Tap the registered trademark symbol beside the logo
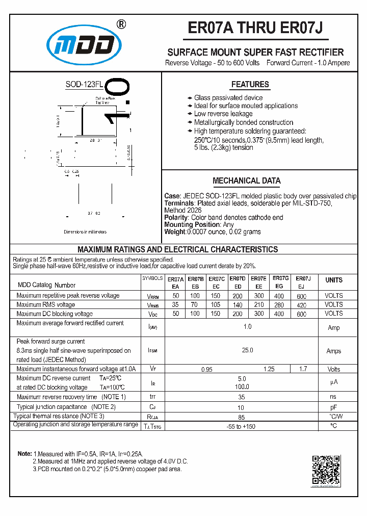point(121,23)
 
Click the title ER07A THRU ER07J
point(255,28)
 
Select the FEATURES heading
point(250,85)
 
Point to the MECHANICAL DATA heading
point(246,180)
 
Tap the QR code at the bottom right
point(326,470)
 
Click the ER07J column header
point(303,279)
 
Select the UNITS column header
point(334,280)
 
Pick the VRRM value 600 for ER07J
point(301,296)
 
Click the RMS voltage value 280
point(279,305)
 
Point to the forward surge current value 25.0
point(248,350)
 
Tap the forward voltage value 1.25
point(269,369)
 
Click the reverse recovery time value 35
point(242,397)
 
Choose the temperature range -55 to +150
point(242,426)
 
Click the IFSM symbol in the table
point(152,351)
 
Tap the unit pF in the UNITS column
point(333,407)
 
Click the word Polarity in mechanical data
point(176,217)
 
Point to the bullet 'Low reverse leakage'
point(223,114)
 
